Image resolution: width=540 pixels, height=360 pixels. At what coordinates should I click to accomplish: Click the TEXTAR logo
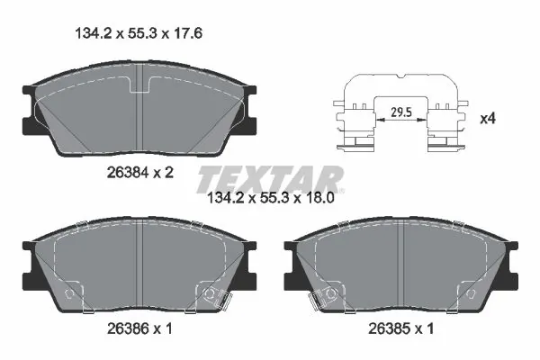pyautogui.click(x=270, y=176)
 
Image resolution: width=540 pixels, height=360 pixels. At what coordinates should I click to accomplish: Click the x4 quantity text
pyautogui.click(x=488, y=117)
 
